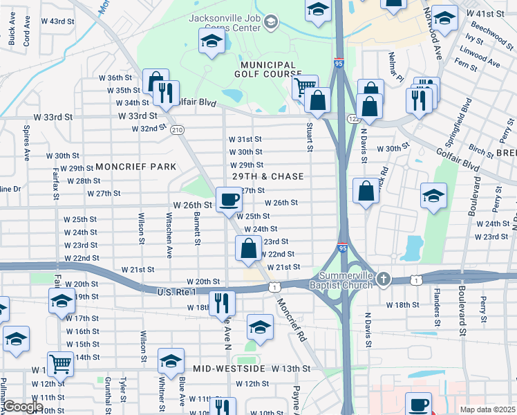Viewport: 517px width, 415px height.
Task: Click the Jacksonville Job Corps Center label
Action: (x=223, y=23)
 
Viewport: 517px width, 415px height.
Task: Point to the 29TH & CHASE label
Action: (x=267, y=177)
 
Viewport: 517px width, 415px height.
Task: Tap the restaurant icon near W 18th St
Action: (x=222, y=302)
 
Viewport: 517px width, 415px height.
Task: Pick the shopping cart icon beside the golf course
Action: (x=304, y=88)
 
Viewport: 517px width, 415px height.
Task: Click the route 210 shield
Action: (x=178, y=130)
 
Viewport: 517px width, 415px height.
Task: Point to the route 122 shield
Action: (x=353, y=120)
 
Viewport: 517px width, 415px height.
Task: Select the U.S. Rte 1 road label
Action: (x=159, y=292)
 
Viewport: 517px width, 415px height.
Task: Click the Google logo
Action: (x=23, y=407)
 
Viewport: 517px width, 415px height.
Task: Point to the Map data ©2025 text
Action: (x=487, y=409)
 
